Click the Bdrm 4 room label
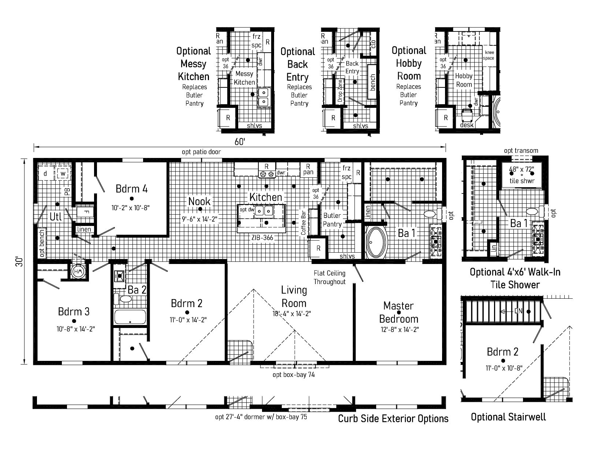pyautogui.click(x=131, y=189)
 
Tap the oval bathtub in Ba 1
pyautogui.click(x=376, y=242)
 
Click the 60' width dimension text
pyautogui.click(x=240, y=141)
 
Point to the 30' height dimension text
pyautogui.click(x=19, y=261)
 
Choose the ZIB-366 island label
pyautogui.click(x=262, y=237)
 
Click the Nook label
pyautogui.click(x=199, y=201)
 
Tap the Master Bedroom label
pyautogui.click(x=399, y=312)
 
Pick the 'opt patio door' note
pyautogui.click(x=201, y=152)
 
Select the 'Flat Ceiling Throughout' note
pyautogui.click(x=329, y=277)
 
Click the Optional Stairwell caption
pyautogui.click(x=508, y=417)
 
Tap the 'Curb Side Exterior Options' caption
pyautogui.click(x=393, y=419)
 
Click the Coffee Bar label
pyautogui.click(x=303, y=223)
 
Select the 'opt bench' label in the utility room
pyautogui.click(x=42, y=243)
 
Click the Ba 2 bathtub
pyautogui.click(x=130, y=317)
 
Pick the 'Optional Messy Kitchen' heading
pyautogui.click(x=194, y=64)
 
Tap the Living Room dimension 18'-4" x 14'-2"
pyautogui.click(x=292, y=314)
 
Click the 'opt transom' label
pyautogui.click(x=521, y=151)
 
